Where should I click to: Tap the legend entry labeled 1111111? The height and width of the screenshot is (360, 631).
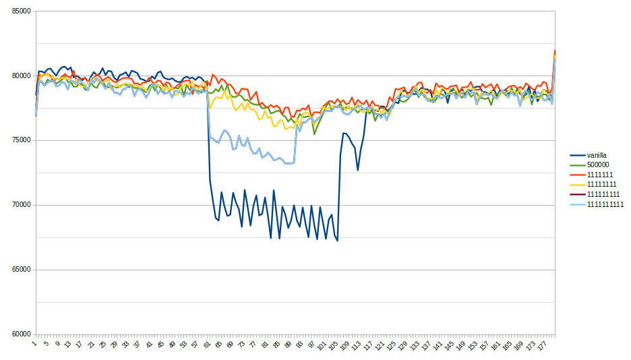tap(600, 175)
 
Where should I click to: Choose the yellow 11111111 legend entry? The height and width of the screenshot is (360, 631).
tap(602, 185)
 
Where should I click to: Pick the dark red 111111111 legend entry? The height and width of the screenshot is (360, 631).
tap(603, 195)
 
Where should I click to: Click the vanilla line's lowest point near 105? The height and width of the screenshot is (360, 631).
tap(337, 241)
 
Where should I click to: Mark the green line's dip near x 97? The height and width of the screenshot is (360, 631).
tap(314, 134)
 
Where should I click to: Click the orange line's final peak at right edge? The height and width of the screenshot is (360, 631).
tap(554, 51)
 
